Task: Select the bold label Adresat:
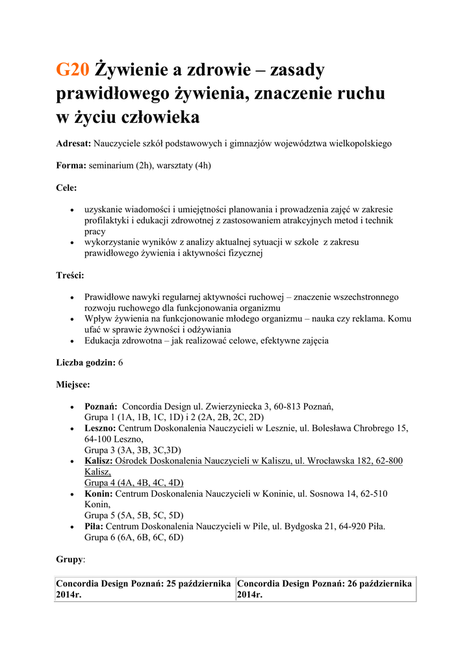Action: coord(73,143)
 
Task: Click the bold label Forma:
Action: coord(71,166)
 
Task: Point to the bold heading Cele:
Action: coord(66,188)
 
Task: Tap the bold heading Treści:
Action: coord(70,275)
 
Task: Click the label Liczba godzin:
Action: coord(86,362)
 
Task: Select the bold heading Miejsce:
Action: coord(73,384)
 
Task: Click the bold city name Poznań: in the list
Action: coord(101,407)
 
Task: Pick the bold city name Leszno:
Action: coord(100,428)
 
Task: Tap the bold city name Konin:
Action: coord(99,494)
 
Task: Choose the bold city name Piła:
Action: coord(94,526)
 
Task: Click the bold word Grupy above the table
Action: coord(70,559)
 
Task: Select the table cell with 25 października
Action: coord(145,589)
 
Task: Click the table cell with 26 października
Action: coord(325,589)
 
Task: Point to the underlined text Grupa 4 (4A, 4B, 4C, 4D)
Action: coord(134,483)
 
